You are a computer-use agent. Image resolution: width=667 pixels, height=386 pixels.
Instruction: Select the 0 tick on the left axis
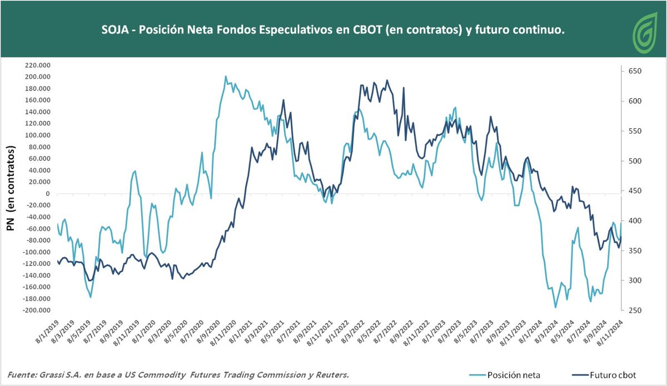[48, 194]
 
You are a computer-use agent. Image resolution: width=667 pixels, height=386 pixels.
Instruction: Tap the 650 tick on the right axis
[631, 71]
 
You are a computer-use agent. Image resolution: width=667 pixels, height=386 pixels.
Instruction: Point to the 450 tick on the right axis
[631, 191]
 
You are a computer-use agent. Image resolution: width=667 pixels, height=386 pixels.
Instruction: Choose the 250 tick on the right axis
[631, 310]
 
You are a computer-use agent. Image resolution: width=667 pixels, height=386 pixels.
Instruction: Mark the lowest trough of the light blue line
[555, 307]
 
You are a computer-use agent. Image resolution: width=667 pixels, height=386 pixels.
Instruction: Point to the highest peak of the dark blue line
[387, 81]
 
